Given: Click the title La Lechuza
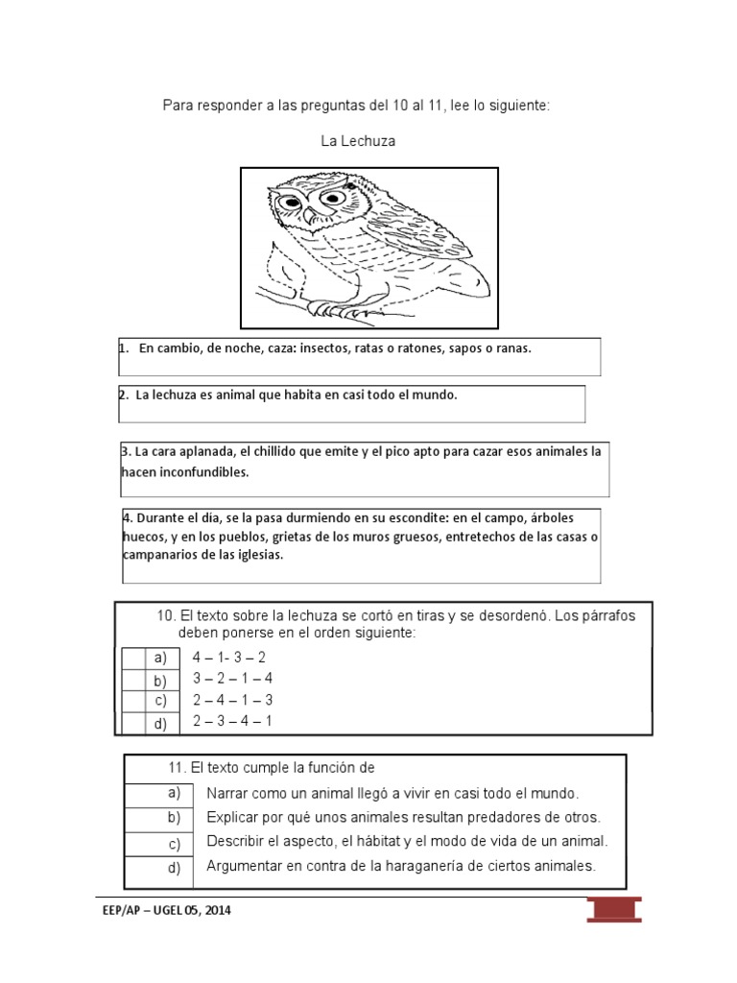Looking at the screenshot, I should tap(358, 141).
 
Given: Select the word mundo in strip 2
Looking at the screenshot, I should tap(437, 395).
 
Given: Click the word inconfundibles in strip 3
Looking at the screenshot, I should tap(184, 472).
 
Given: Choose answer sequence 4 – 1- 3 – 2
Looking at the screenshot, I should tap(228, 658).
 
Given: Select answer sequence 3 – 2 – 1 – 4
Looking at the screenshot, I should tap(232, 679).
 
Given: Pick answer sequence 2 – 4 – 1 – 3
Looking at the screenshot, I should tap(232, 700).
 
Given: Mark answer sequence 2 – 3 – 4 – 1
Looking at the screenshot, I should tap(232, 721).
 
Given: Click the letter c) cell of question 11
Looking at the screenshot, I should tap(174, 845).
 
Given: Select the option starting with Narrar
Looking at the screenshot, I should tap(392, 794).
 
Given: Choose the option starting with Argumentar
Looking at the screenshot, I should tap(401, 866).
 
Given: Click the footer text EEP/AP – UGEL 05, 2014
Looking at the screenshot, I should tap(165, 911).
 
